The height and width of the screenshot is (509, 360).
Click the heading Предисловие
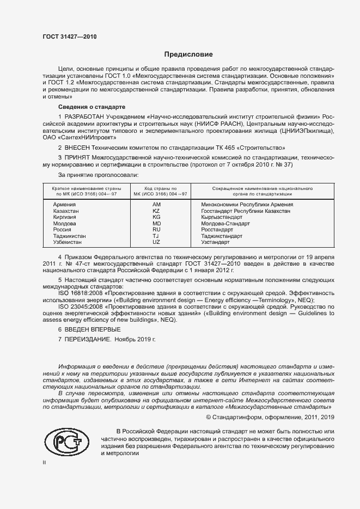[x=189, y=54]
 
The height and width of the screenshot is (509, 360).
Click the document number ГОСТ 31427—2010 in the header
[x=69, y=37]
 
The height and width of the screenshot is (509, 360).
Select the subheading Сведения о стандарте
[x=91, y=107]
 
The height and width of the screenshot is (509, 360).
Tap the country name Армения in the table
[x=65, y=204]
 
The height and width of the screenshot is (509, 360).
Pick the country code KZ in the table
[x=156, y=210]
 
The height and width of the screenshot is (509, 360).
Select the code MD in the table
[x=156, y=223]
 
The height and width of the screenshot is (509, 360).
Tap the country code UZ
[x=156, y=242]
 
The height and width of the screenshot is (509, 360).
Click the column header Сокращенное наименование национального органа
[x=254, y=191]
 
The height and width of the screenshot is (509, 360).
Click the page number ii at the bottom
[x=45, y=462]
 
